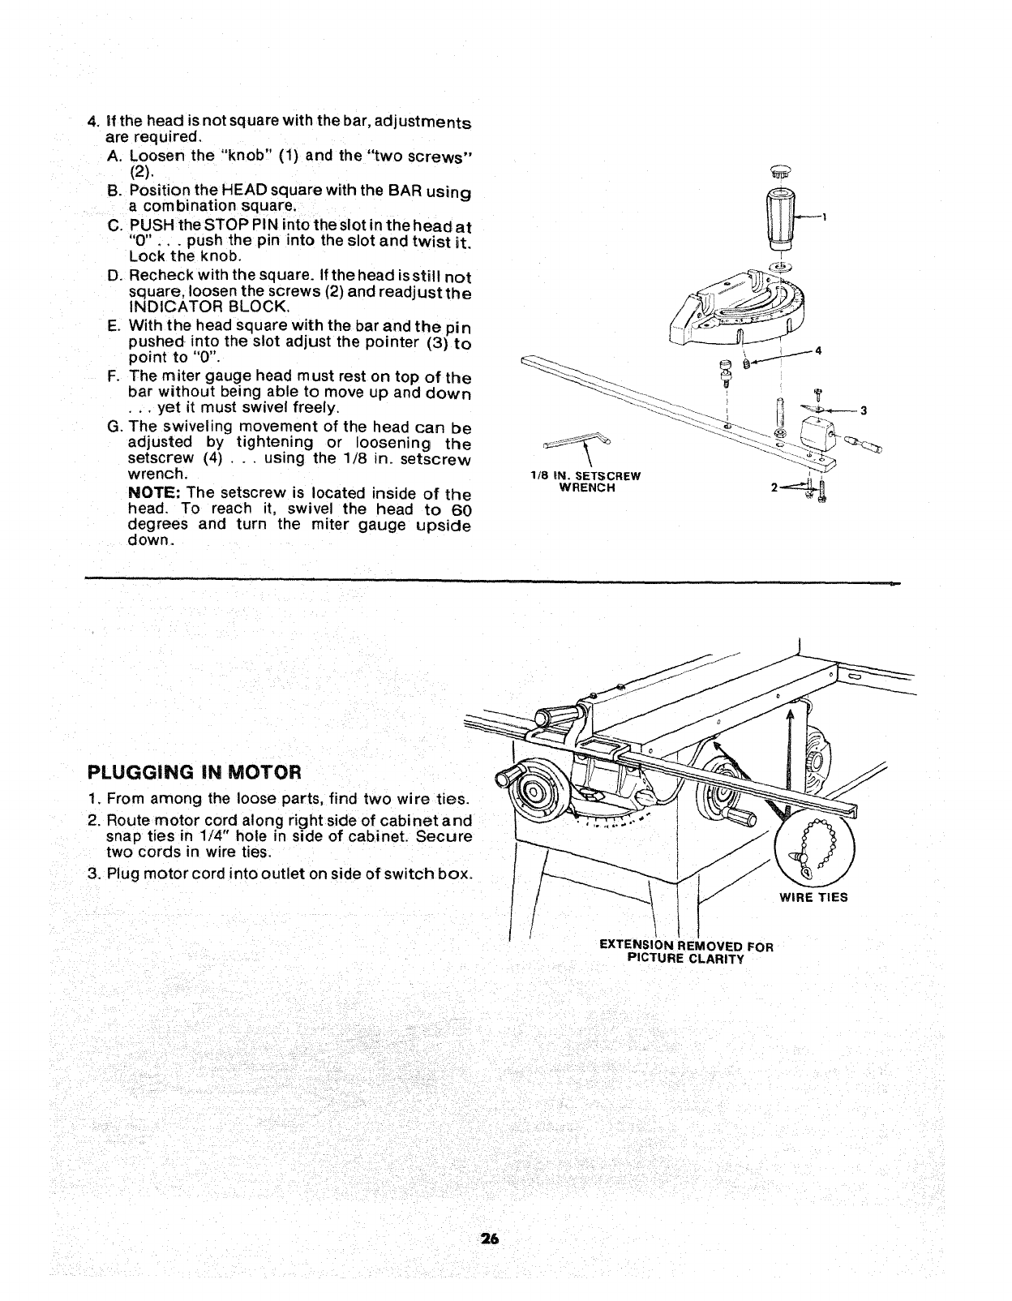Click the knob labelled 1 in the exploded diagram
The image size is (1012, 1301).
coord(784,217)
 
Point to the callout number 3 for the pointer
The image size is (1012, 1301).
coord(864,410)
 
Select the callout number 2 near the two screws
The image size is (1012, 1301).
coord(774,487)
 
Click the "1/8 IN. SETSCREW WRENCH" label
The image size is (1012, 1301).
coord(584,482)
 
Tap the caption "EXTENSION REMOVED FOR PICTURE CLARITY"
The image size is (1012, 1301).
coord(686,952)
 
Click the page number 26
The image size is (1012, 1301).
coord(488,1239)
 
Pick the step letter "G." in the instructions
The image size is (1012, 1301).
coord(114,427)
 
